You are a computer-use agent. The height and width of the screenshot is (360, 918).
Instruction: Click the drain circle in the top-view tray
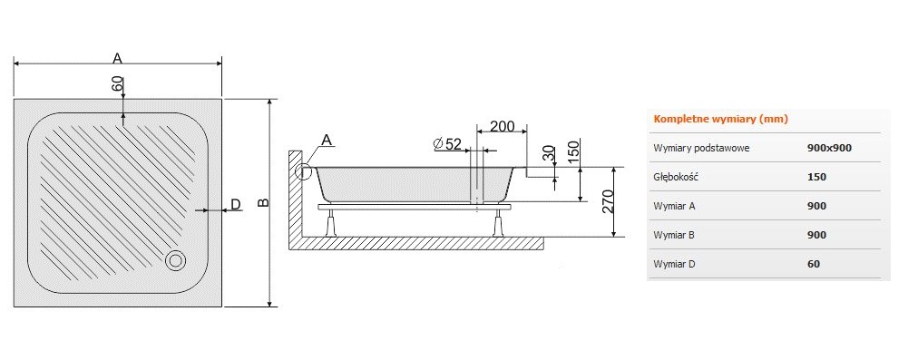coord(175,260)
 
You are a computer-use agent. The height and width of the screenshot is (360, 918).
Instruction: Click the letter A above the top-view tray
coord(118,58)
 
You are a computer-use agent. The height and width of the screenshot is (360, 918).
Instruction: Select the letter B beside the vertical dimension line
coord(264,202)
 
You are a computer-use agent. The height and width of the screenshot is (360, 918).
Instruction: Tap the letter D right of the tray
coord(235,204)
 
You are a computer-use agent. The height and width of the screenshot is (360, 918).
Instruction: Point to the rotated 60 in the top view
coord(118,83)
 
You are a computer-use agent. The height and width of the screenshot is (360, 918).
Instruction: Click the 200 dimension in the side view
coord(502,126)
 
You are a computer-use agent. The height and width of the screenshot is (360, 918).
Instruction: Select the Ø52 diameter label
coord(446,144)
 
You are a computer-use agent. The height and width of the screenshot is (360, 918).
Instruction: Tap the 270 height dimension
coord(607,202)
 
